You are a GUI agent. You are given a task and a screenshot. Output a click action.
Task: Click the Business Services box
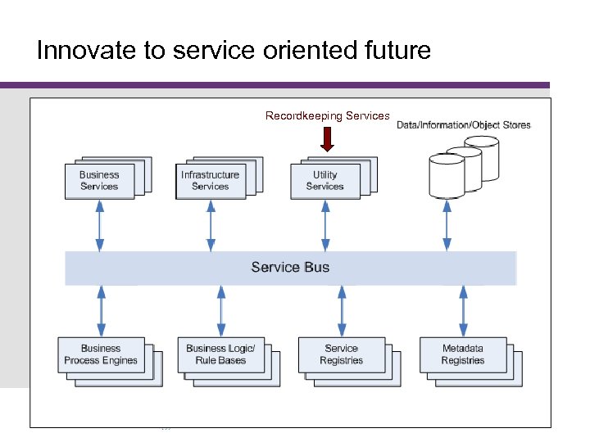tap(99, 180)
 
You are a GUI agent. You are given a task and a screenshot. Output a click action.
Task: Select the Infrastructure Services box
tap(211, 180)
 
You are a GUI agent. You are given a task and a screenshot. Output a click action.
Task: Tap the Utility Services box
tap(325, 180)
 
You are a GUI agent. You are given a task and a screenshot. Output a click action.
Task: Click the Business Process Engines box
tap(101, 354)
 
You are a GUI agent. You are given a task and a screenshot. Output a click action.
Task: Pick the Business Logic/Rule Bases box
tap(220, 354)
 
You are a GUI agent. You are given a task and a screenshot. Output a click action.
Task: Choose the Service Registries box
tap(342, 354)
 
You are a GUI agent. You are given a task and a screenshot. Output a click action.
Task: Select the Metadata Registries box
tap(463, 354)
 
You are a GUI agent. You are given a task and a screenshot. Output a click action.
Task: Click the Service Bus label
tap(290, 268)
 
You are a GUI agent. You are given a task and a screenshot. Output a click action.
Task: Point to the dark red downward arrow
tap(328, 139)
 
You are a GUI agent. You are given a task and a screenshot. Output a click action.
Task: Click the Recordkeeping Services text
tap(327, 116)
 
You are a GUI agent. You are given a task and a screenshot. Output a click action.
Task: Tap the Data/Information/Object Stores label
tap(464, 125)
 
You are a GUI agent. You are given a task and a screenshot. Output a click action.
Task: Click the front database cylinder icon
tap(447, 176)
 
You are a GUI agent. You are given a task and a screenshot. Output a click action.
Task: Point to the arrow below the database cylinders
tap(447, 225)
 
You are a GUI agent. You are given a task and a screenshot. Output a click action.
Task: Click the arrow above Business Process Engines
tap(101, 310)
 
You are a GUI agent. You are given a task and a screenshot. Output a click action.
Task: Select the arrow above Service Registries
tap(342, 310)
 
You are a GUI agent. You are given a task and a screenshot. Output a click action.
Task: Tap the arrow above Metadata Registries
tap(463, 310)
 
